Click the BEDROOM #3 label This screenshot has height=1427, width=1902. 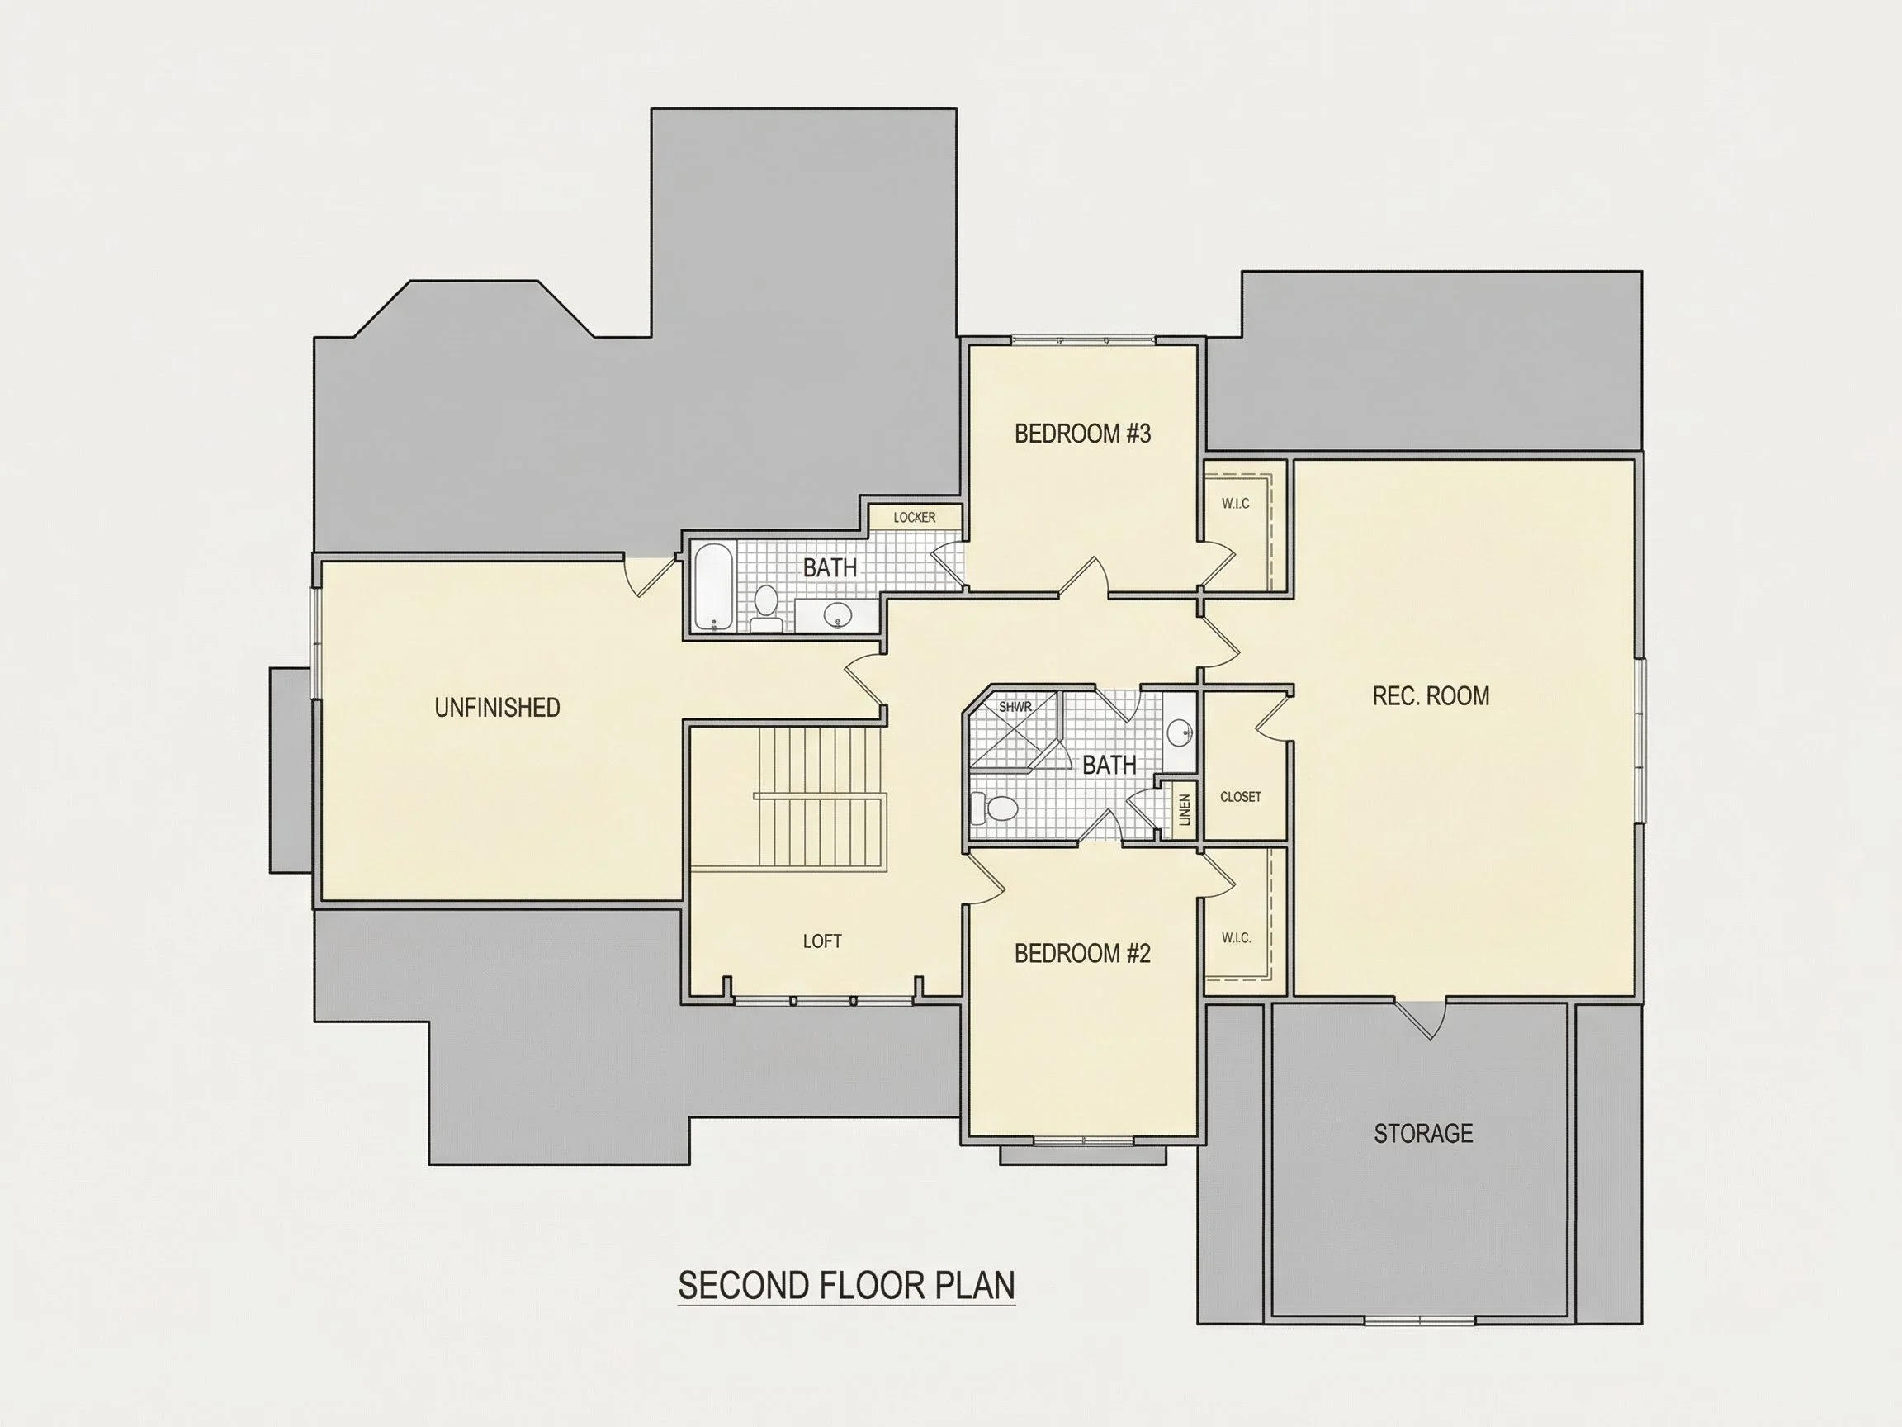click(1082, 434)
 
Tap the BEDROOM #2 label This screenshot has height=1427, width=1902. click(1082, 953)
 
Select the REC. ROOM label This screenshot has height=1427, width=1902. click(1431, 696)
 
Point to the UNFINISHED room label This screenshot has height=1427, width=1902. click(497, 708)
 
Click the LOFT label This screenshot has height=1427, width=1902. click(822, 941)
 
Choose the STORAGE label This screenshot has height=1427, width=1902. click(1423, 1134)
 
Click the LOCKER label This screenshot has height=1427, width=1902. click(914, 517)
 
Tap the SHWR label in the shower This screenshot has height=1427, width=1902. click(1015, 707)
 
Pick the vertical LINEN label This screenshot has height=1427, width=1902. click(1185, 809)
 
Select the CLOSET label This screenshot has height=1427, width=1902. click(1241, 798)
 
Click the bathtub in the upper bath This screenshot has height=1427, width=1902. click(712, 586)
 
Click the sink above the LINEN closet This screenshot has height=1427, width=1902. click(1180, 732)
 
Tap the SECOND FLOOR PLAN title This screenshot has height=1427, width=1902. click(846, 1285)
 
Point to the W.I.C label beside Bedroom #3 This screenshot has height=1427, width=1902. click(1236, 503)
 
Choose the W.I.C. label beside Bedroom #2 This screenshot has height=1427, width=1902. click(1237, 937)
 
